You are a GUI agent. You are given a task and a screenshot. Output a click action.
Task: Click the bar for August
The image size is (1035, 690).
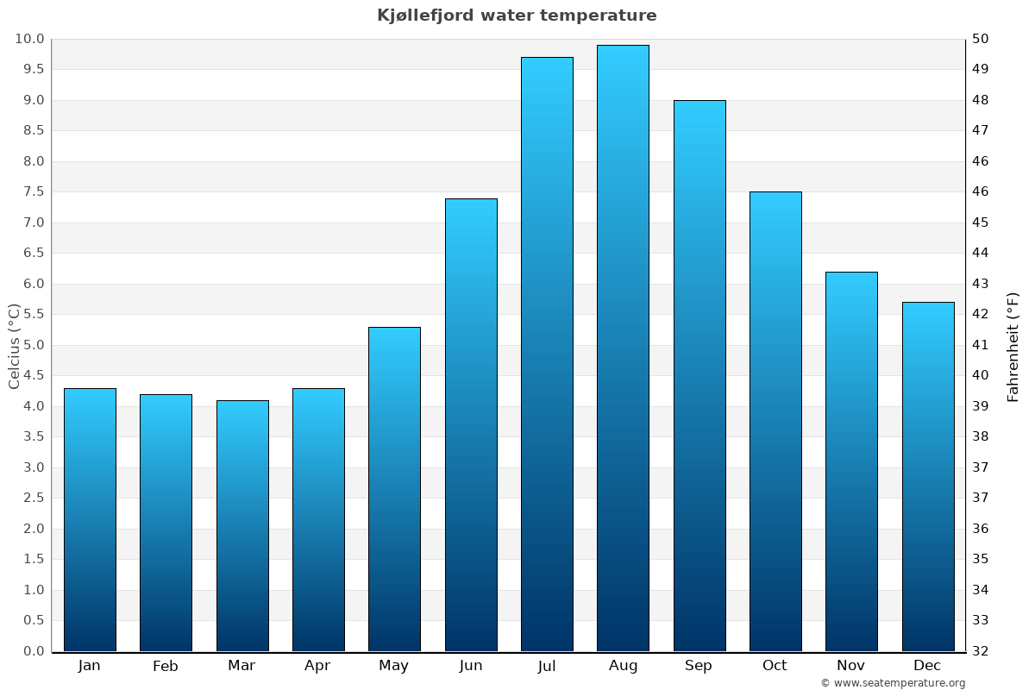pos(623,348)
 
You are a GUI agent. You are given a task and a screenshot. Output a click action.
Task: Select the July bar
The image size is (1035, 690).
pos(547,354)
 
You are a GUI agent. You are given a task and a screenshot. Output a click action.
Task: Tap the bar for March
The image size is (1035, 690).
pos(242,525)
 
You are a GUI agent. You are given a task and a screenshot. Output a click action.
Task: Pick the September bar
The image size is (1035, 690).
pos(699,376)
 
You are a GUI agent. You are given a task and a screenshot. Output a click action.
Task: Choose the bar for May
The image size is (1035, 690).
pos(394,489)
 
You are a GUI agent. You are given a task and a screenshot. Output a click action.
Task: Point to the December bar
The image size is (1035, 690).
pos(928,477)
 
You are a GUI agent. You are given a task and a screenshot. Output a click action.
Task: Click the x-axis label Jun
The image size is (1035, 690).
pos(471,666)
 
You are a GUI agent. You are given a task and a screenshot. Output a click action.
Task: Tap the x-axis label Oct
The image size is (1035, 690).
pos(775,666)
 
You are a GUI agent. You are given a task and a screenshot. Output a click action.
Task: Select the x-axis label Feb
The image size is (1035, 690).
pos(166,666)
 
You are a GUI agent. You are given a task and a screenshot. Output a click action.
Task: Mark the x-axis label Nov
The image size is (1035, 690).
pos(851,666)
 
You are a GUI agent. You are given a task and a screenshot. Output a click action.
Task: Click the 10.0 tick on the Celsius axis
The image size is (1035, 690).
pos(29,39)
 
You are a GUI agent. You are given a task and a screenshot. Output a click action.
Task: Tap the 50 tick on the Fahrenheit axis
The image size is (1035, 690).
pos(982,39)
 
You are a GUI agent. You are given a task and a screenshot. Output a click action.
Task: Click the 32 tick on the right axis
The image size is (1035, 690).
pos(982,651)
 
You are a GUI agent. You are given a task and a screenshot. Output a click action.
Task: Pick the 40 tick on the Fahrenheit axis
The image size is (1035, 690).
pos(982,375)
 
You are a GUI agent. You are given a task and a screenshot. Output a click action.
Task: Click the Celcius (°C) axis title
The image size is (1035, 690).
pos(15,346)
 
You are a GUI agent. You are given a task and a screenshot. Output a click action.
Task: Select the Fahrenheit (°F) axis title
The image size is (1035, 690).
pos(1013,346)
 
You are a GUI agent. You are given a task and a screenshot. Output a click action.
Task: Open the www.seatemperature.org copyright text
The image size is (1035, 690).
pos(893,683)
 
